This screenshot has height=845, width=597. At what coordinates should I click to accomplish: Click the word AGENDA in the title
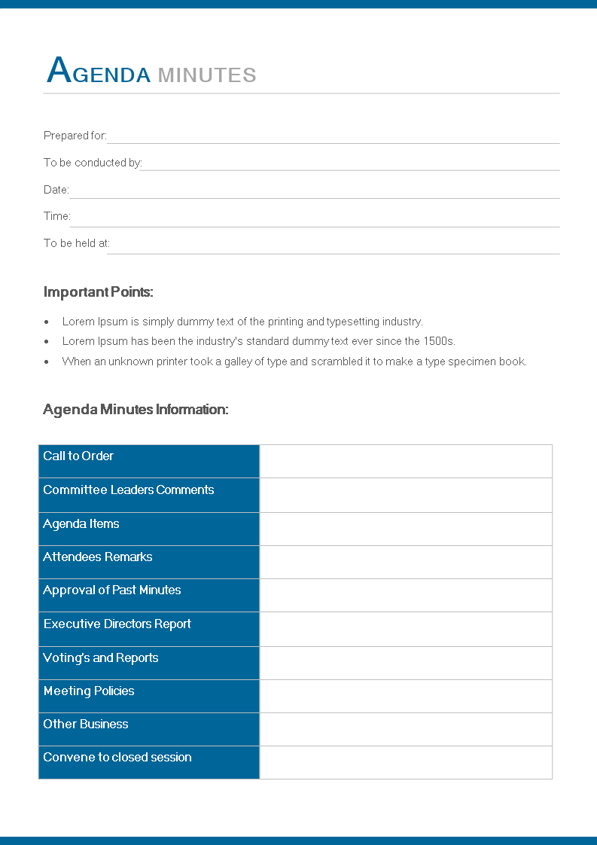tap(99, 72)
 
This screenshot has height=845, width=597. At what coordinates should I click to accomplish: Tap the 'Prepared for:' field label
tap(75, 136)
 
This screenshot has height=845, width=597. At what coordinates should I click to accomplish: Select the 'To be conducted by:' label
tap(93, 163)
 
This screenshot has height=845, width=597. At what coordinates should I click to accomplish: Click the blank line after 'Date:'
tap(315, 193)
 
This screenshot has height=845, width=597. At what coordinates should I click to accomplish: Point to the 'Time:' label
tap(56, 216)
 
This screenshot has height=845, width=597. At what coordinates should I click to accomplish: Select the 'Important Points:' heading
tap(99, 292)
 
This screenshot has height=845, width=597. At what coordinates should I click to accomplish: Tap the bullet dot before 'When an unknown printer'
tap(47, 361)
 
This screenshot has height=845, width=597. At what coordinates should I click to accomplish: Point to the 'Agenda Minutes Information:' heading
tap(136, 410)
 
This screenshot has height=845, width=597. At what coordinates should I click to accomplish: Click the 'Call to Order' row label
tap(78, 456)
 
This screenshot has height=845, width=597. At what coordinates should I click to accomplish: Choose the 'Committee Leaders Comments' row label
tap(129, 490)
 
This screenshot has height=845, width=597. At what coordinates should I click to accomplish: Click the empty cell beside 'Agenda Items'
tap(406, 529)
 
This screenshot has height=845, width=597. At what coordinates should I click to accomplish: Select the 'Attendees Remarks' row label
tap(98, 557)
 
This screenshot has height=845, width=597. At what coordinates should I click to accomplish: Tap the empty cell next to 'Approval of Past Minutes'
tap(406, 595)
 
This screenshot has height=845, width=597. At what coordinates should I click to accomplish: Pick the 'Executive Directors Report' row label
tap(117, 624)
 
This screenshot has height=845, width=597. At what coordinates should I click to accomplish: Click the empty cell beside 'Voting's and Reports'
tap(406, 663)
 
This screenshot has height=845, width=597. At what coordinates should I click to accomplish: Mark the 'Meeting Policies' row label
tap(89, 691)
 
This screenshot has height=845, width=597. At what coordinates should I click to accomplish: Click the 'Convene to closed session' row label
tap(117, 757)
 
